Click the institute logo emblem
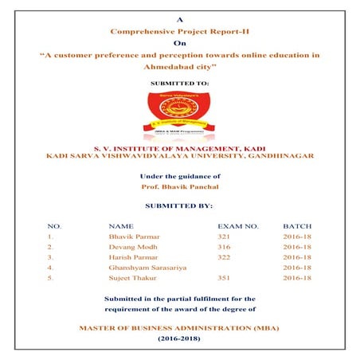(x=179, y=115)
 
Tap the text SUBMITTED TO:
(x=179, y=83)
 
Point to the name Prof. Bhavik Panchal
(x=179, y=188)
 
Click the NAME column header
(x=120, y=226)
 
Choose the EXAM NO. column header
(x=237, y=226)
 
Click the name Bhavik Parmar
(x=130, y=237)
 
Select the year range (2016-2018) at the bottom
(x=179, y=338)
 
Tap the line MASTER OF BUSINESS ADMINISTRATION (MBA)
(x=179, y=327)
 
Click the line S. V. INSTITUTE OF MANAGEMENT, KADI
(x=179, y=147)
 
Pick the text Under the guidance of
(x=179, y=176)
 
